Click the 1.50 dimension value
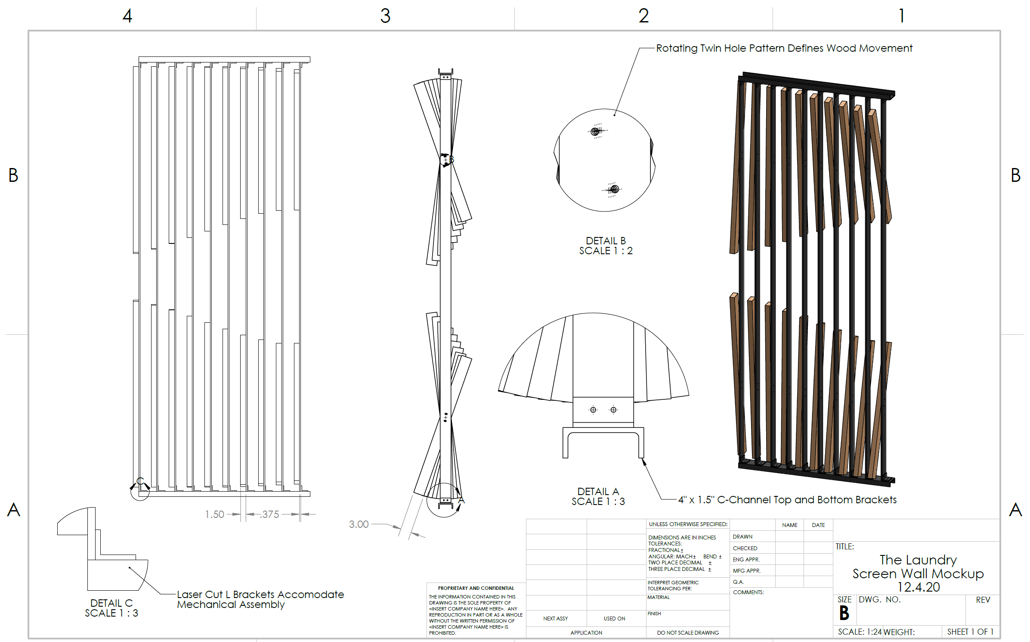point(214,514)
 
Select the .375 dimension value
point(269,514)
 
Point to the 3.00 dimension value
point(359,524)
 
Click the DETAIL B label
point(606,241)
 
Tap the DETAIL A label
point(598,492)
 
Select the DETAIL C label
point(111,603)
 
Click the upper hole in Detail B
point(595,131)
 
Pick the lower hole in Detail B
point(614,189)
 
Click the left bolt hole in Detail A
point(593,410)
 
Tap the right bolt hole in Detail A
point(613,410)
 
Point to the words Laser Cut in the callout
point(203,595)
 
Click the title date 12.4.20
point(918,587)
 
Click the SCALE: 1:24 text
point(859,632)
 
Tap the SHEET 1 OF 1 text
point(970,632)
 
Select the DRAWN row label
point(742,536)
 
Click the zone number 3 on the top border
point(385,16)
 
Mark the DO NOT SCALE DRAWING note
point(688,633)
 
